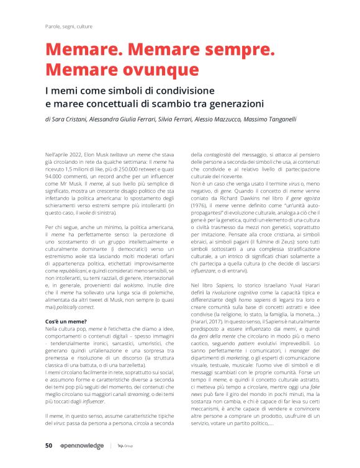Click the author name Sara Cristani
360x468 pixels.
tap(71, 119)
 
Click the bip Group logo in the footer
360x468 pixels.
tap(125, 446)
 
